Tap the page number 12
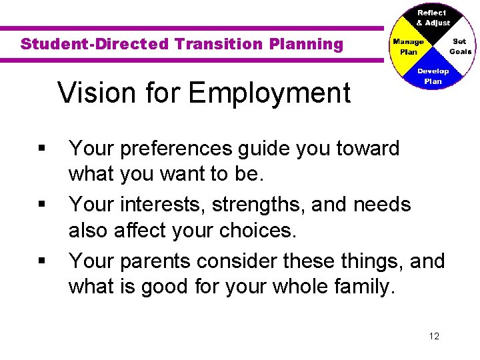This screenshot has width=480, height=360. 434,336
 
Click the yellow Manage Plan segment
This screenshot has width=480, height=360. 407,47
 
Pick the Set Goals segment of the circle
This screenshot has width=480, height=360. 459,47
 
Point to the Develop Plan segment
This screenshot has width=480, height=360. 433,76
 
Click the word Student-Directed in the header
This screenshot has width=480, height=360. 95,45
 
